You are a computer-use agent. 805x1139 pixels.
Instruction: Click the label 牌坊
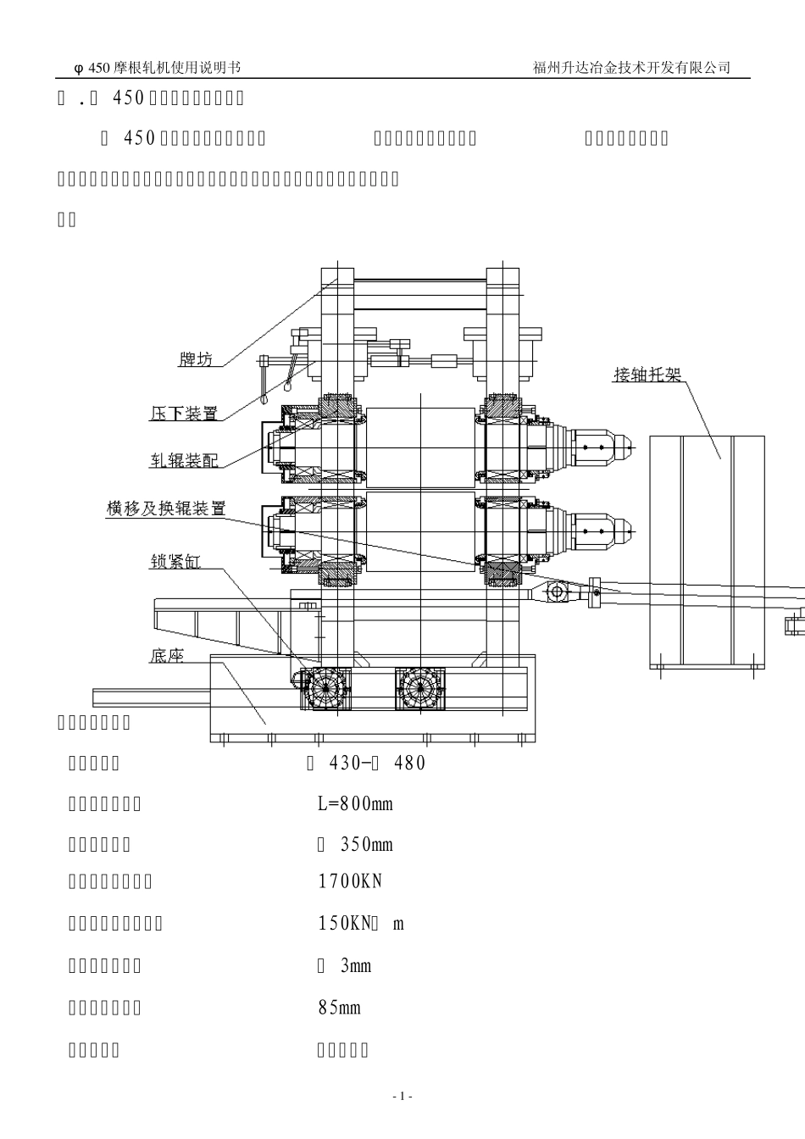(195, 359)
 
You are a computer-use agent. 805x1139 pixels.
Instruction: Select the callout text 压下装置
(184, 414)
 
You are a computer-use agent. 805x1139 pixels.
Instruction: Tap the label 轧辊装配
(184, 460)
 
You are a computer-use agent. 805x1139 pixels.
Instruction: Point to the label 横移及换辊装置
(166, 508)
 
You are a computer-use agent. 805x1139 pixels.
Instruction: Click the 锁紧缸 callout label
(175, 561)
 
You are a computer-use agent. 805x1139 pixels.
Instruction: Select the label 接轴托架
(647, 374)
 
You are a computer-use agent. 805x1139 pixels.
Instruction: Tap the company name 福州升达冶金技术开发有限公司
(631, 68)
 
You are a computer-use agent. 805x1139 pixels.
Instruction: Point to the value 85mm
(339, 1008)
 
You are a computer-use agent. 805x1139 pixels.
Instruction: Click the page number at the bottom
(402, 1097)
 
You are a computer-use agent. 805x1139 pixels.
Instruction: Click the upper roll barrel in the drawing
(420, 447)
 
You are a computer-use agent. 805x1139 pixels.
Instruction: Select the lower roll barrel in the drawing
(420, 532)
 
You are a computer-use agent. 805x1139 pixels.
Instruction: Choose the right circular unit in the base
(420, 688)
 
